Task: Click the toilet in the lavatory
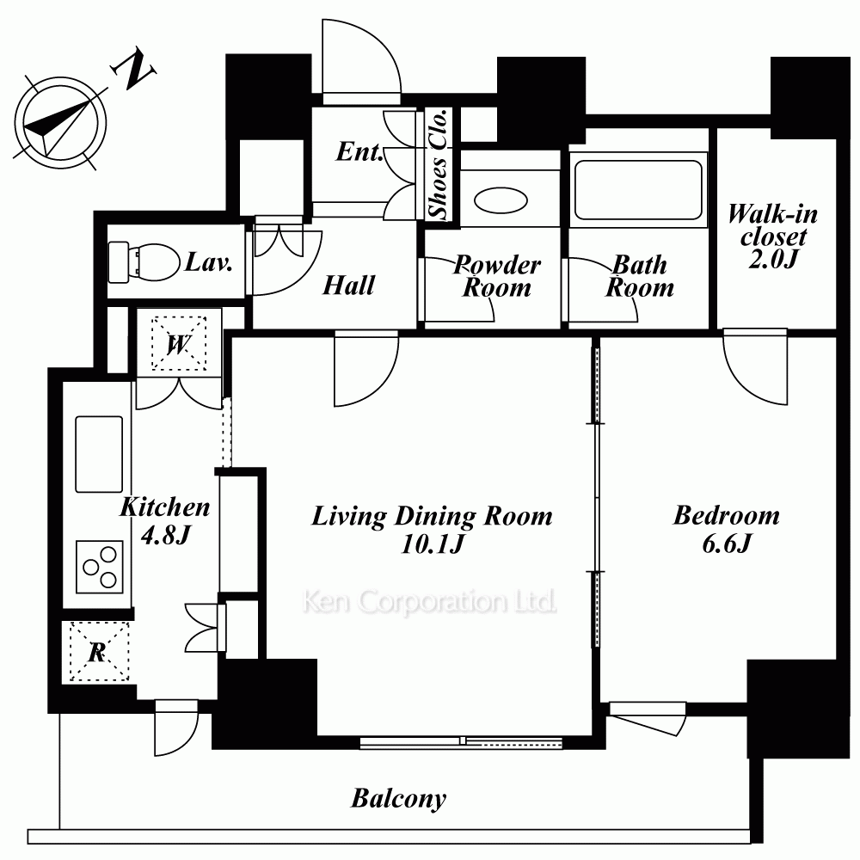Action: point(144,261)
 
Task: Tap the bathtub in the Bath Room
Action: point(638,188)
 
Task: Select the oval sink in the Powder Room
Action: point(501,200)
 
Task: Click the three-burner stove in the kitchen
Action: point(99,567)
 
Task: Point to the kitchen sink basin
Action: point(99,454)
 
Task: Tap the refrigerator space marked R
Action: point(99,652)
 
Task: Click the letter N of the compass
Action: point(133,70)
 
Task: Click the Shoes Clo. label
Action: point(439,164)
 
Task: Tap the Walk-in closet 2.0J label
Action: point(773,236)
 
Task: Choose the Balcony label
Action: point(399,799)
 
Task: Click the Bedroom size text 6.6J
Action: point(726,544)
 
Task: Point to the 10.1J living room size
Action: point(433,544)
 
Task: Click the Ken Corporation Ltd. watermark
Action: point(429,602)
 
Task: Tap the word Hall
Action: point(349,286)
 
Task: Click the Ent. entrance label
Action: point(359,151)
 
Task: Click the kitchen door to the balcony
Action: point(176,728)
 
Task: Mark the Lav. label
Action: point(208,261)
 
